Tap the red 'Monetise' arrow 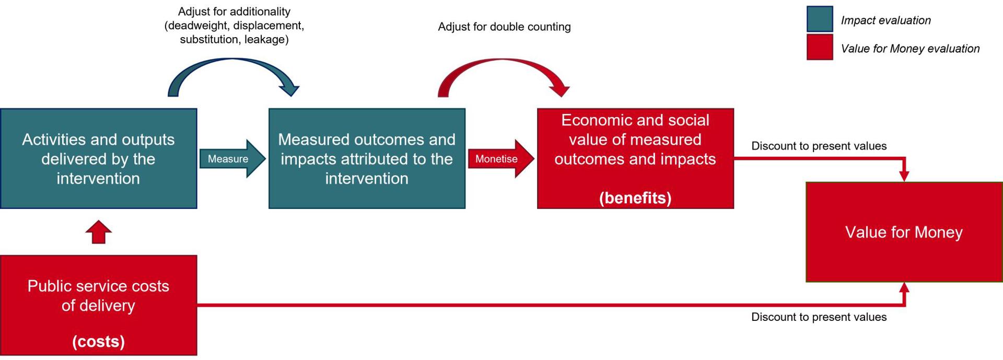(501, 159)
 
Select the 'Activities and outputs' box (99, 158)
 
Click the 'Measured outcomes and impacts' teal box (367, 158)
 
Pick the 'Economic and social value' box (635, 158)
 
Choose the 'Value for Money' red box (904, 232)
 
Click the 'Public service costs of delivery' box (99, 305)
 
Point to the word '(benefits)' (635, 198)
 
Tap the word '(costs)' (99, 341)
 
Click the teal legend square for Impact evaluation (820, 19)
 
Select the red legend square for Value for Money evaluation (820, 47)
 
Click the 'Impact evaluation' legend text (886, 20)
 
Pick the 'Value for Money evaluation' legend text (911, 49)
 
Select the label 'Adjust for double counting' (504, 27)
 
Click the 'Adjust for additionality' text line (234, 11)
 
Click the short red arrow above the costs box (99, 232)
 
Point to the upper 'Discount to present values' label (819, 146)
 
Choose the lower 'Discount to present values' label (819, 317)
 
